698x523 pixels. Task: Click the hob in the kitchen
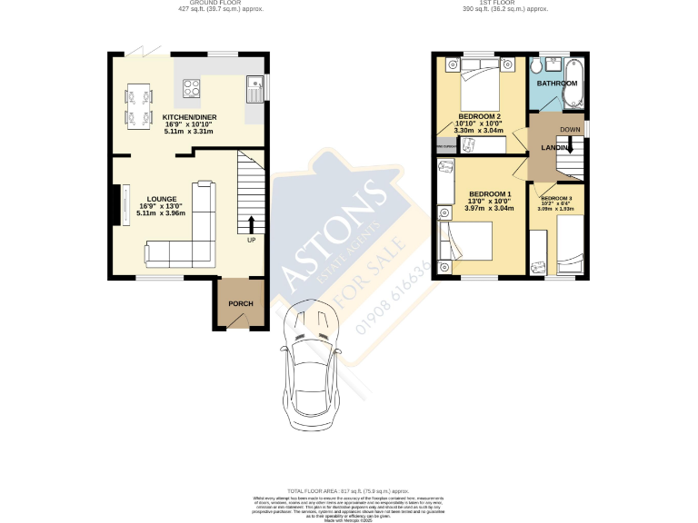193,88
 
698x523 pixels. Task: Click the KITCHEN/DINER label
187,118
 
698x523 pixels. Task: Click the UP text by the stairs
251,241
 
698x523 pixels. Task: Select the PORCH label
240,303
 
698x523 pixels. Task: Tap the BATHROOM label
556,84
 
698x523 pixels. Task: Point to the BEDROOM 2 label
479,117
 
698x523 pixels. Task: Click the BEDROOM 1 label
489,193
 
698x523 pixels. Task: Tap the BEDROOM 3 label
556,198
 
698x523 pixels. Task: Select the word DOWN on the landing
570,130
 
